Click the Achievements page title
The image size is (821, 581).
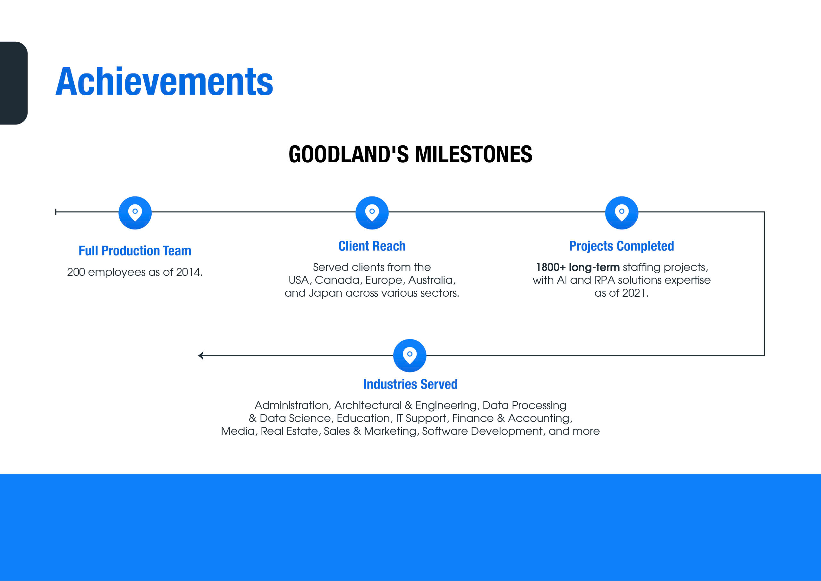(x=164, y=81)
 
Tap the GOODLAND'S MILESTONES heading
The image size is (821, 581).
(x=410, y=154)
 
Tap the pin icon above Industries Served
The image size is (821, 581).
(x=410, y=355)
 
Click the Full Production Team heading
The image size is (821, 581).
(x=135, y=251)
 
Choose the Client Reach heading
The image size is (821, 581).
(x=372, y=246)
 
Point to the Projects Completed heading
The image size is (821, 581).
(x=622, y=246)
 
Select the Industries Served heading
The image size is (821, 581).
(x=410, y=384)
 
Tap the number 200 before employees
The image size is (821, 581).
(x=76, y=272)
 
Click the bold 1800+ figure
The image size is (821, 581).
(x=551, y=267)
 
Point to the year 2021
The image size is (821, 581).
(x=634, y=293)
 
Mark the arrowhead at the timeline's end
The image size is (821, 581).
(x=201, y=355)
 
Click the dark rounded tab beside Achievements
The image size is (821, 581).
(x=13, y=83)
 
